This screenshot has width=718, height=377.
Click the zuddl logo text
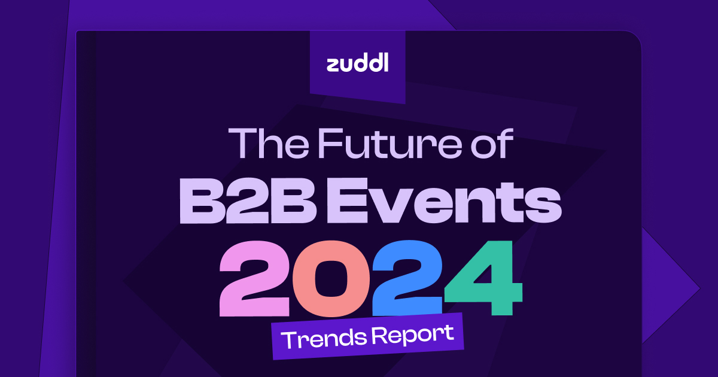click(x=357, y=63)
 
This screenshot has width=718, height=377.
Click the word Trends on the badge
click(x=321, y=339)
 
